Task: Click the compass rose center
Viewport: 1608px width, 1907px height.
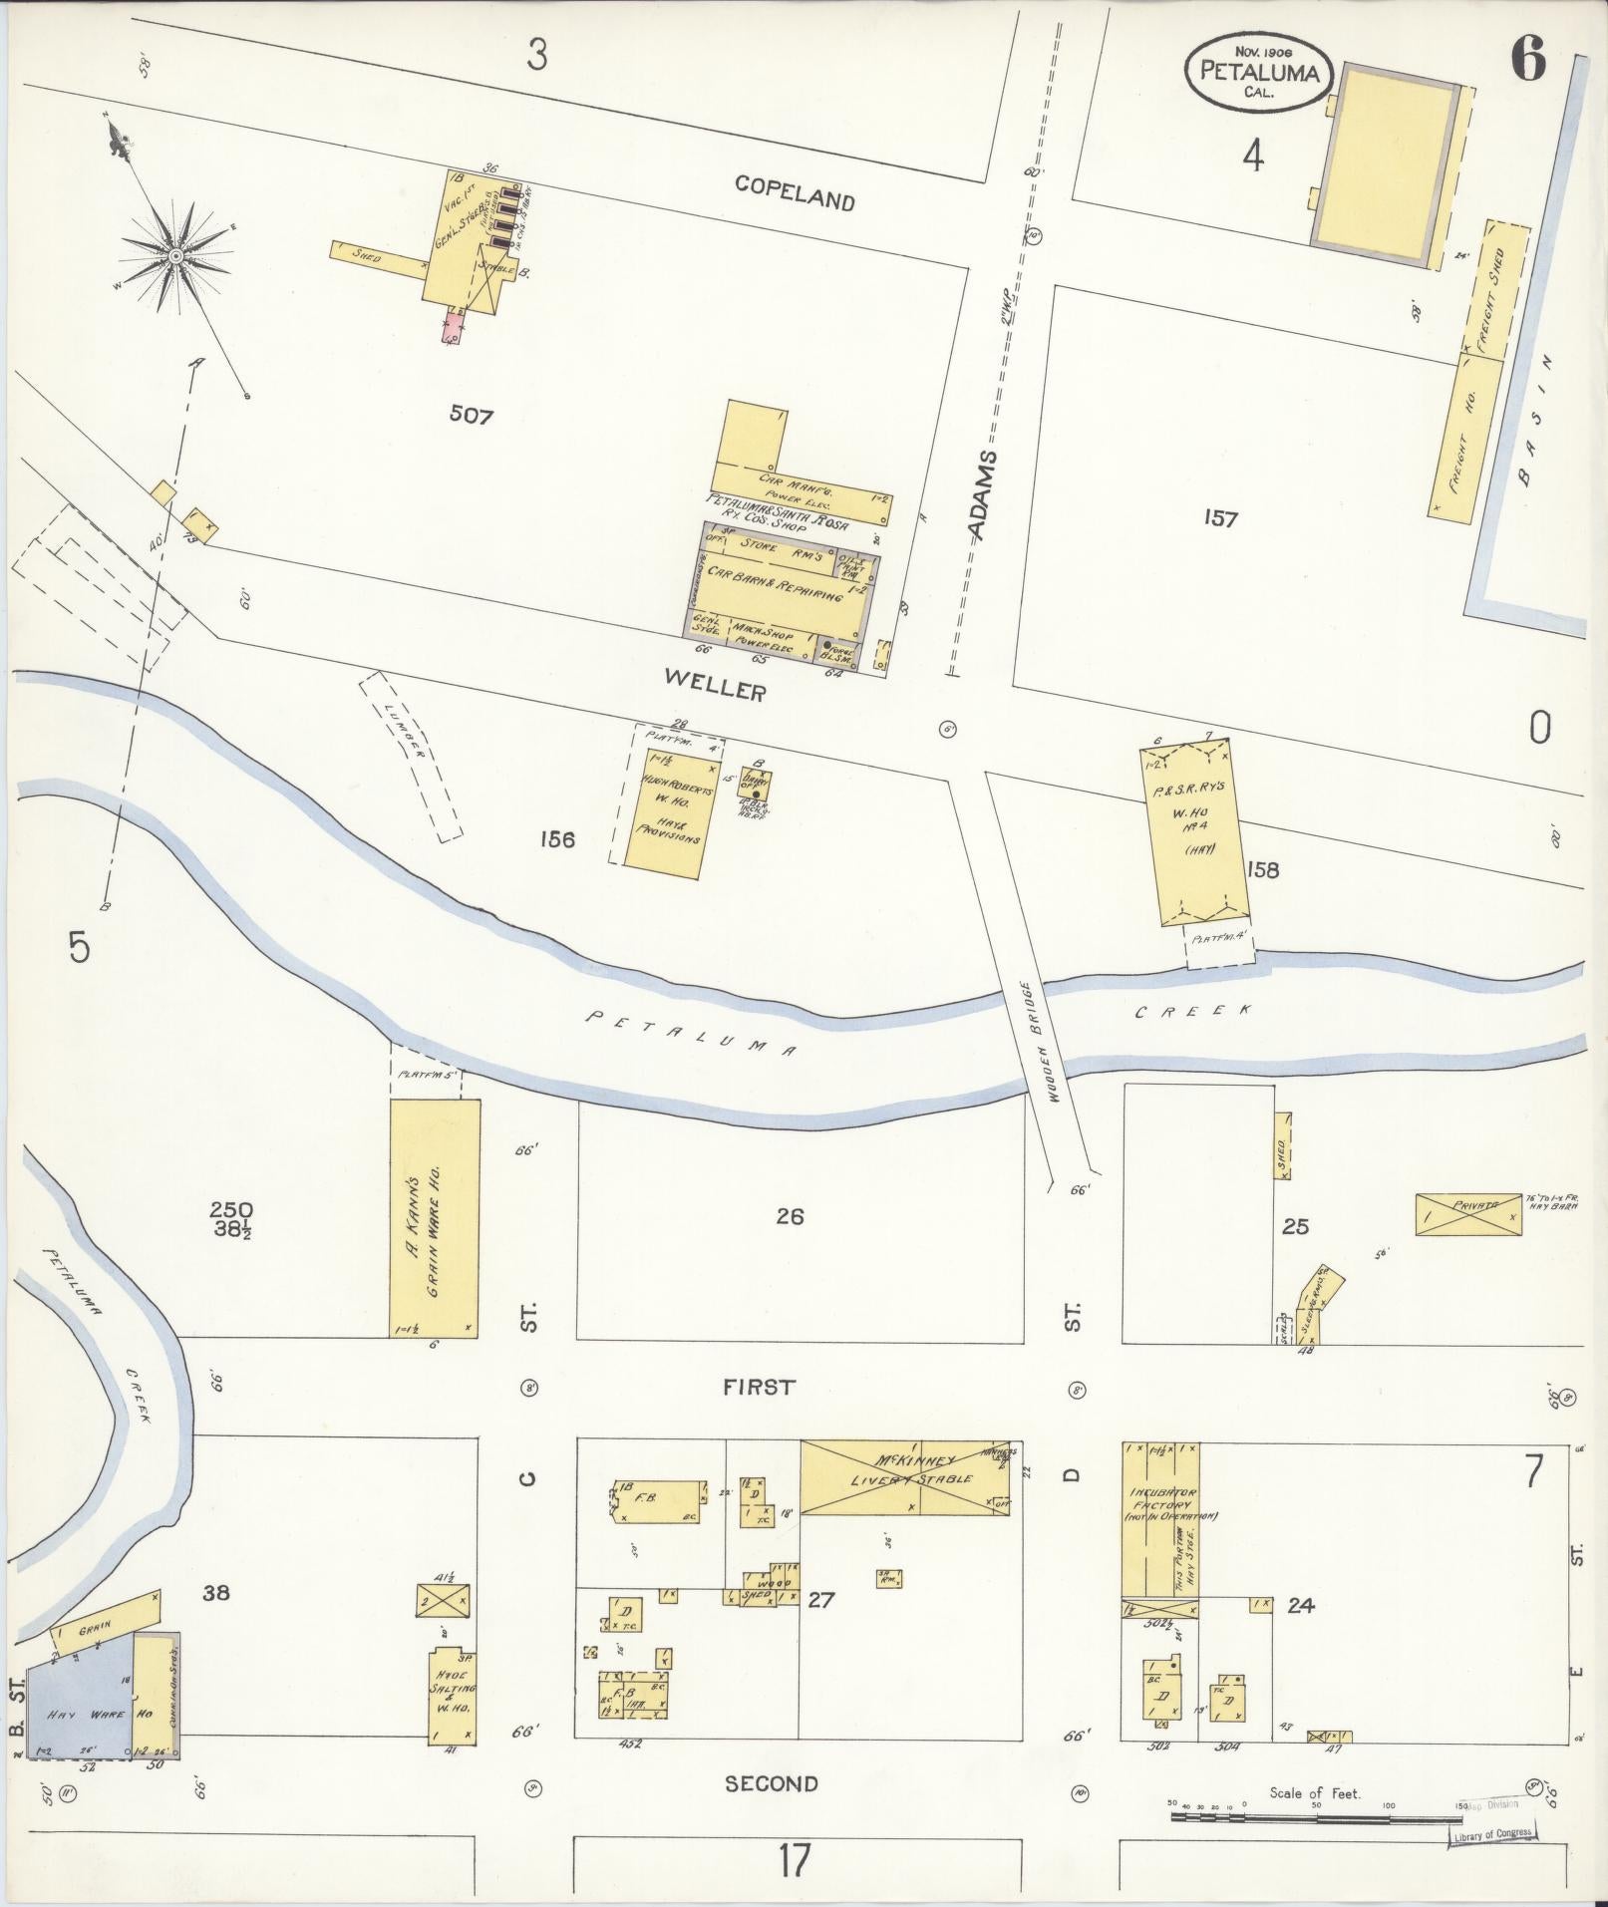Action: point(175,256)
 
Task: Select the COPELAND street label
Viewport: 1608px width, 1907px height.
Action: point(795,191)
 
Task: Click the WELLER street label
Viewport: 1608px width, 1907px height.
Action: point(715,686)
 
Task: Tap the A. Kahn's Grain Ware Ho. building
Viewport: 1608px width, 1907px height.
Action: point(435,1218)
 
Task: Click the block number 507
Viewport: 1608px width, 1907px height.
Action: point(471,415)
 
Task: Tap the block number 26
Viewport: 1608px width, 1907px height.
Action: point(790,1216)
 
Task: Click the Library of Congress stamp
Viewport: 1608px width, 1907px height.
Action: point(1490,1834)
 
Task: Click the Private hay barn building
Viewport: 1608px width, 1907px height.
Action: point(1468,1215)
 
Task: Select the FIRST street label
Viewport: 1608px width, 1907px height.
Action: point(760,1387)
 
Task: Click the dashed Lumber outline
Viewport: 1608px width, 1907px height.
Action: point(411,755)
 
